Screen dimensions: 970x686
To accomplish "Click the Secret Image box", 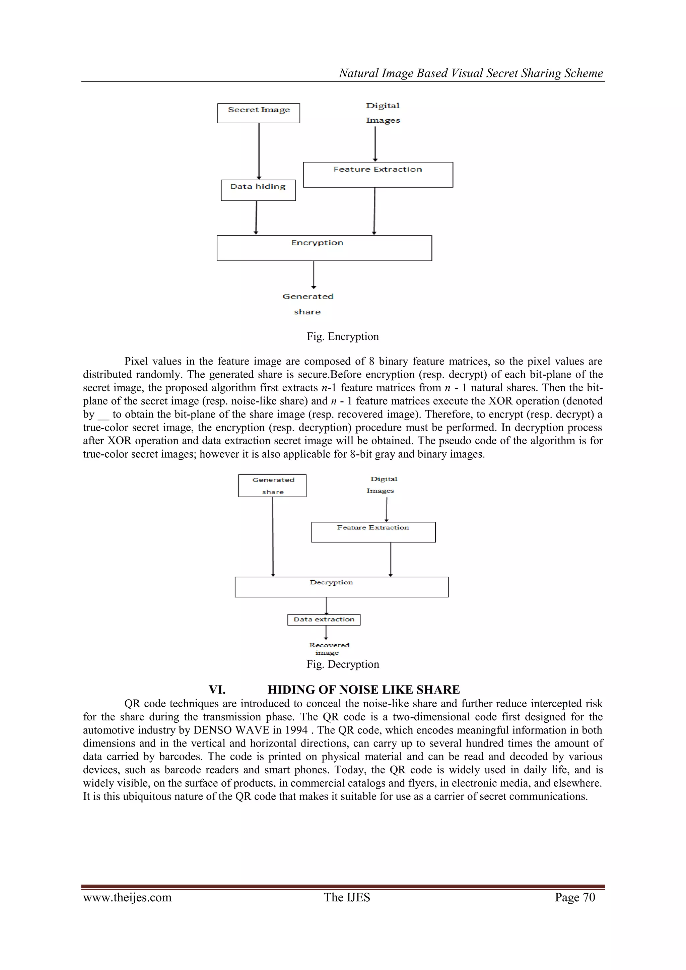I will [x=259, y=113].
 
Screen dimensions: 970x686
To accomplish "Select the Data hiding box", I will [x=258, y=190].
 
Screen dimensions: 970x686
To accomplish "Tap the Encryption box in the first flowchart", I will [x=324, y=248].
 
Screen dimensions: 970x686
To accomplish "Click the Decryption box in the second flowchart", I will [x=341, y=587].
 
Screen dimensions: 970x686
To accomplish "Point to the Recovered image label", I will [x=329, y=648].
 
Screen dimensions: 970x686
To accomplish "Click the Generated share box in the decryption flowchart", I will [x=272, y=486].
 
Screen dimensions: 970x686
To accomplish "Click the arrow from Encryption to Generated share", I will [x=314, y=275].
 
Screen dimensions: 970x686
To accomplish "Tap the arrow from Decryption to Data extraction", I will [x=327, y=605].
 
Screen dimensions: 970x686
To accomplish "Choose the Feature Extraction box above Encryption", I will [x=378, y=175].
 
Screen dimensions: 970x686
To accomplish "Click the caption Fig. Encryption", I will [x=343, y=337].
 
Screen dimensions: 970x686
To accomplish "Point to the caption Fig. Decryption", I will [x=343, y=664].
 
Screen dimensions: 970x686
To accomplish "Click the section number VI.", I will [x=217, y=690].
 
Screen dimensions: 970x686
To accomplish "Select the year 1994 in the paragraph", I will [x=296, y=730].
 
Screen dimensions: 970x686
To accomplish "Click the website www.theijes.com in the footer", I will [x=127, y=897].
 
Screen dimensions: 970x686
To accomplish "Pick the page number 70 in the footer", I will [x=589, y=897].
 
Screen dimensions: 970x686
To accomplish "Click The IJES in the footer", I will [x=347, y=897].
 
